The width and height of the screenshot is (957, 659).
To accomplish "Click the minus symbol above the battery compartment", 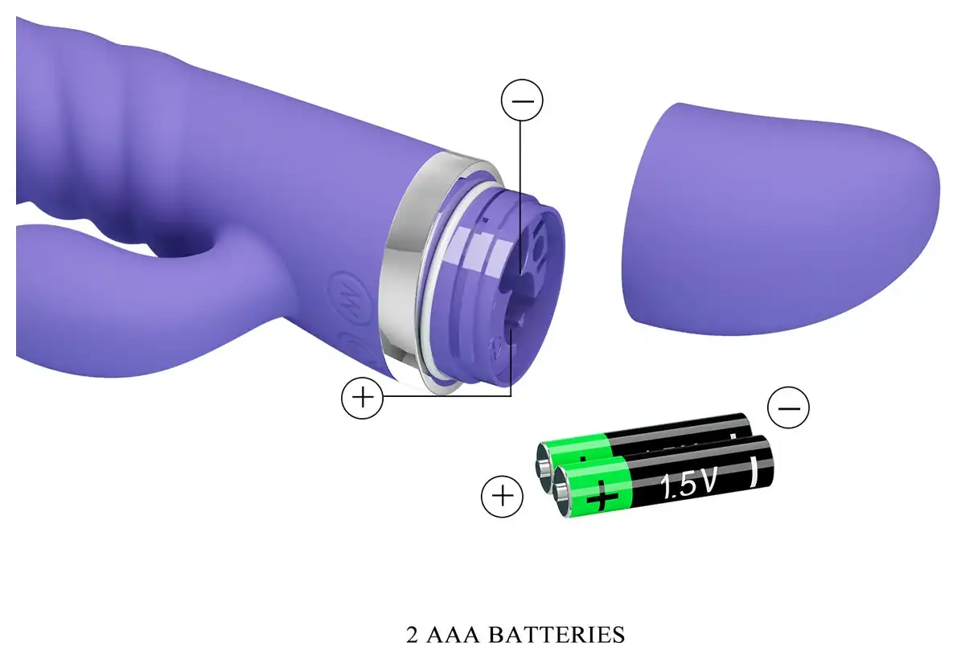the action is tap(522, 100).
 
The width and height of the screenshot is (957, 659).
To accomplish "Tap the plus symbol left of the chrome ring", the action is tap(363, 398).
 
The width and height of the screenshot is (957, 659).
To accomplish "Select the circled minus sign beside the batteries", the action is tap(789, 407).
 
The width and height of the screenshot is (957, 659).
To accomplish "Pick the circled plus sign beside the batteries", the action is tap(503, 496).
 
